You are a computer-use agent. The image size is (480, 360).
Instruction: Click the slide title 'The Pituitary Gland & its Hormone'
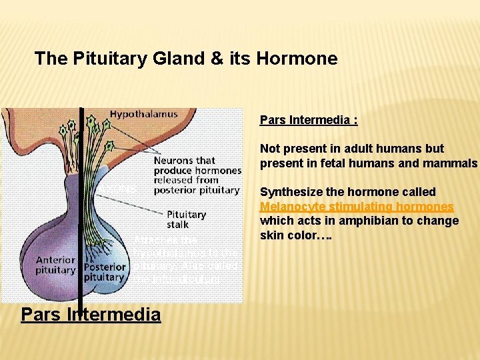(x=186, y=59)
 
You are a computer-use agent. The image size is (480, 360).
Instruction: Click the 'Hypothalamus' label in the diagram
(x=143, y=114)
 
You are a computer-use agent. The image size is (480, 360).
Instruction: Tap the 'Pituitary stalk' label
(x=186, y=220)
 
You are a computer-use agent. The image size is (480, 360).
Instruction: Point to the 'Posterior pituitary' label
(x=105, y=271)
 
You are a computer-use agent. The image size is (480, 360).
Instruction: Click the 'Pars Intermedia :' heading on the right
(x=309, y=120)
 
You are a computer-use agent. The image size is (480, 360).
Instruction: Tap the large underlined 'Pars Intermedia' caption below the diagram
(x=91, y=314)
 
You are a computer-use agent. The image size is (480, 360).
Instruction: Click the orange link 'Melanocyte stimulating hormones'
(x=357, y=207)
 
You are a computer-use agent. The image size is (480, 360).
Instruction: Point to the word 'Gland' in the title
(x=194, y=59)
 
